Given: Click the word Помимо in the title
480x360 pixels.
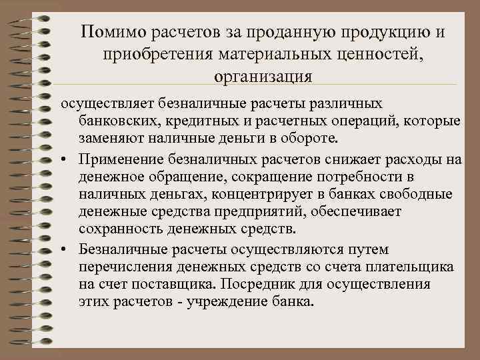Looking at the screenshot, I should click(x=112, y=32).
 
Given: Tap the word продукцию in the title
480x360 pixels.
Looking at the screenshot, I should click(x=386, y=32).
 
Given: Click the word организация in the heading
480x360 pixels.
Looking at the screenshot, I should click(x=263, y=75).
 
